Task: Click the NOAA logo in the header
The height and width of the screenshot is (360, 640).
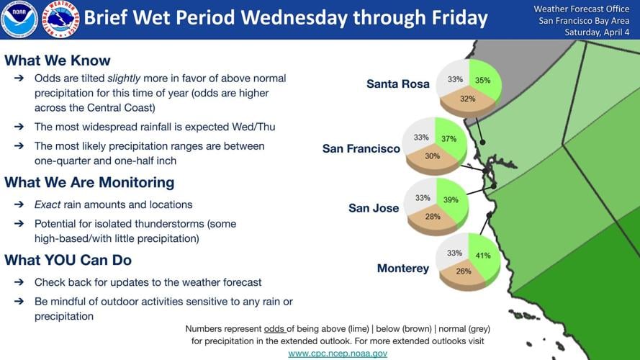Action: [19, 19]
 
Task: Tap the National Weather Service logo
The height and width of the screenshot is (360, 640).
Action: [60, 19]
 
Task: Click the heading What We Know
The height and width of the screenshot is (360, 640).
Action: [58, 60]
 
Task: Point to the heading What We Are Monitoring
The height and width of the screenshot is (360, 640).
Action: [89, 182]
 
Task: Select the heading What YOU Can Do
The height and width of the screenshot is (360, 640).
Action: [68, 260]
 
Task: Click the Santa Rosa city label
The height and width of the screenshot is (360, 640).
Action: [398, 84]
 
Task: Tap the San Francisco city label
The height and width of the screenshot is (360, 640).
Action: [361, 148]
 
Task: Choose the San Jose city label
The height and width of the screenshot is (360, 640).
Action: [374, 208]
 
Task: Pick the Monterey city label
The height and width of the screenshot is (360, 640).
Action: [402, 269]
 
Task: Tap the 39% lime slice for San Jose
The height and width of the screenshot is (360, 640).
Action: [452, 199]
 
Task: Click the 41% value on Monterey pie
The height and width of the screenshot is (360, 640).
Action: [482, 256]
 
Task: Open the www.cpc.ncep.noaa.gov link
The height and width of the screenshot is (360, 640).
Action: [338, 353]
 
